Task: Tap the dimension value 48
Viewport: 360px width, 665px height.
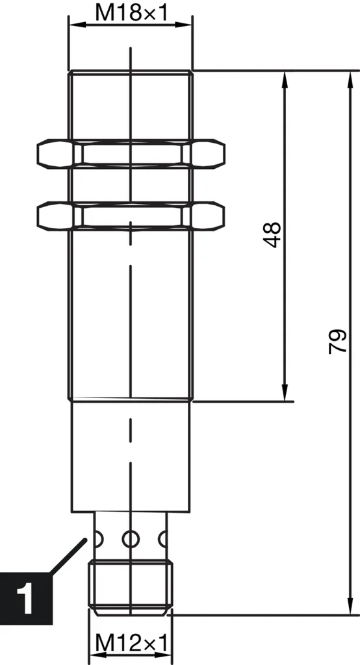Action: pyautogui.click(x=274, y=235)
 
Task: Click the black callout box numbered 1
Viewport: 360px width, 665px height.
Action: pyautogui.click(x=26, y=596)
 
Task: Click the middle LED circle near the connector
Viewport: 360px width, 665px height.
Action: pyautogui.click(x=131, y=538)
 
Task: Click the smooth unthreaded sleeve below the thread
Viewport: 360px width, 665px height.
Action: pyautogui.click(x=131, y=455)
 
